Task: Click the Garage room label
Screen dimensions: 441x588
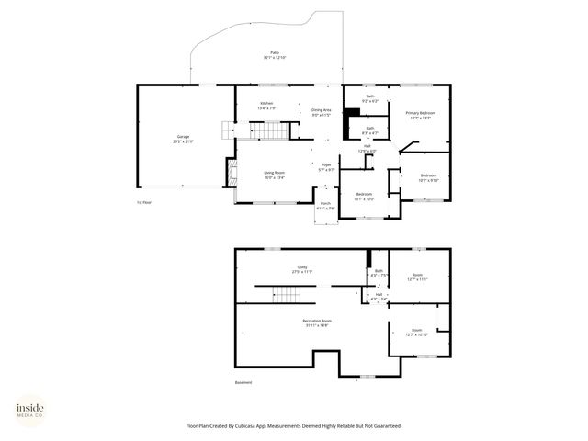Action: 185,139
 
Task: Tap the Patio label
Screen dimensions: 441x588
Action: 275,55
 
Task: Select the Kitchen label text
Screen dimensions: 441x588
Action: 266,105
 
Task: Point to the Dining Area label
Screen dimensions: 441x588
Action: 321,112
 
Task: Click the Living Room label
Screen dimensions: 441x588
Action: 274,175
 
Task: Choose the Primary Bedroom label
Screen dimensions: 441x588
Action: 421,115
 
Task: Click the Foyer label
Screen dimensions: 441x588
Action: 325,167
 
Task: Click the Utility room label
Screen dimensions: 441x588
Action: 301,269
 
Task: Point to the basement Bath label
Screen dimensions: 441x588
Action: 379,272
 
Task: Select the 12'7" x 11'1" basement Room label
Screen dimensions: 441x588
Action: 417,277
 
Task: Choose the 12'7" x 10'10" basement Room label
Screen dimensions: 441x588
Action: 416,332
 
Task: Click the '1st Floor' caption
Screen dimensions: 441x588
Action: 144,201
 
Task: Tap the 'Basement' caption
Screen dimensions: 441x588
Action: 243,382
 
